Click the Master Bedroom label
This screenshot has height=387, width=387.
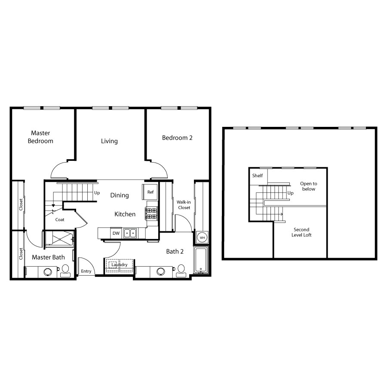[40, 137]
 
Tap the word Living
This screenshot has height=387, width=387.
[109, 141]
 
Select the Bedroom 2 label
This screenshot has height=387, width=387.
[177, 138]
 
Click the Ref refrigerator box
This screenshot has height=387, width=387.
[150, 192]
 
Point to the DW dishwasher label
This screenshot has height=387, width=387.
[116, 233]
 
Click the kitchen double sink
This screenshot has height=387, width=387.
[130, 233]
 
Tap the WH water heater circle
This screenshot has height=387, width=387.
[202, 238]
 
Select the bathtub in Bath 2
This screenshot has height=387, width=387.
[201, 260]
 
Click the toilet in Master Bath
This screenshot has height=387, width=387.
[65, 271]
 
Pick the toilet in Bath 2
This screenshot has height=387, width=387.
[181, 271]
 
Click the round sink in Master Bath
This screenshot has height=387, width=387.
[48, 272]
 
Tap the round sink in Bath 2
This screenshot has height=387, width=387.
[161, 272]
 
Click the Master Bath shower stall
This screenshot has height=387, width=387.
[60, 239]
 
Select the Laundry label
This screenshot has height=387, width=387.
[120, 264]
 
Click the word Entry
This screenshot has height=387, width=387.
[86, 271]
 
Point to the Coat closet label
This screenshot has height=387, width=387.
[60, 219]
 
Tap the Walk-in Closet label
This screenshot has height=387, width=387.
[184, 205]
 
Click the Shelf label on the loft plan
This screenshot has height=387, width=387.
[258, 175]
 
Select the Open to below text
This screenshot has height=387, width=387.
[308, 186]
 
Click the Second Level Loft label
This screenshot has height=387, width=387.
[301, 232]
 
